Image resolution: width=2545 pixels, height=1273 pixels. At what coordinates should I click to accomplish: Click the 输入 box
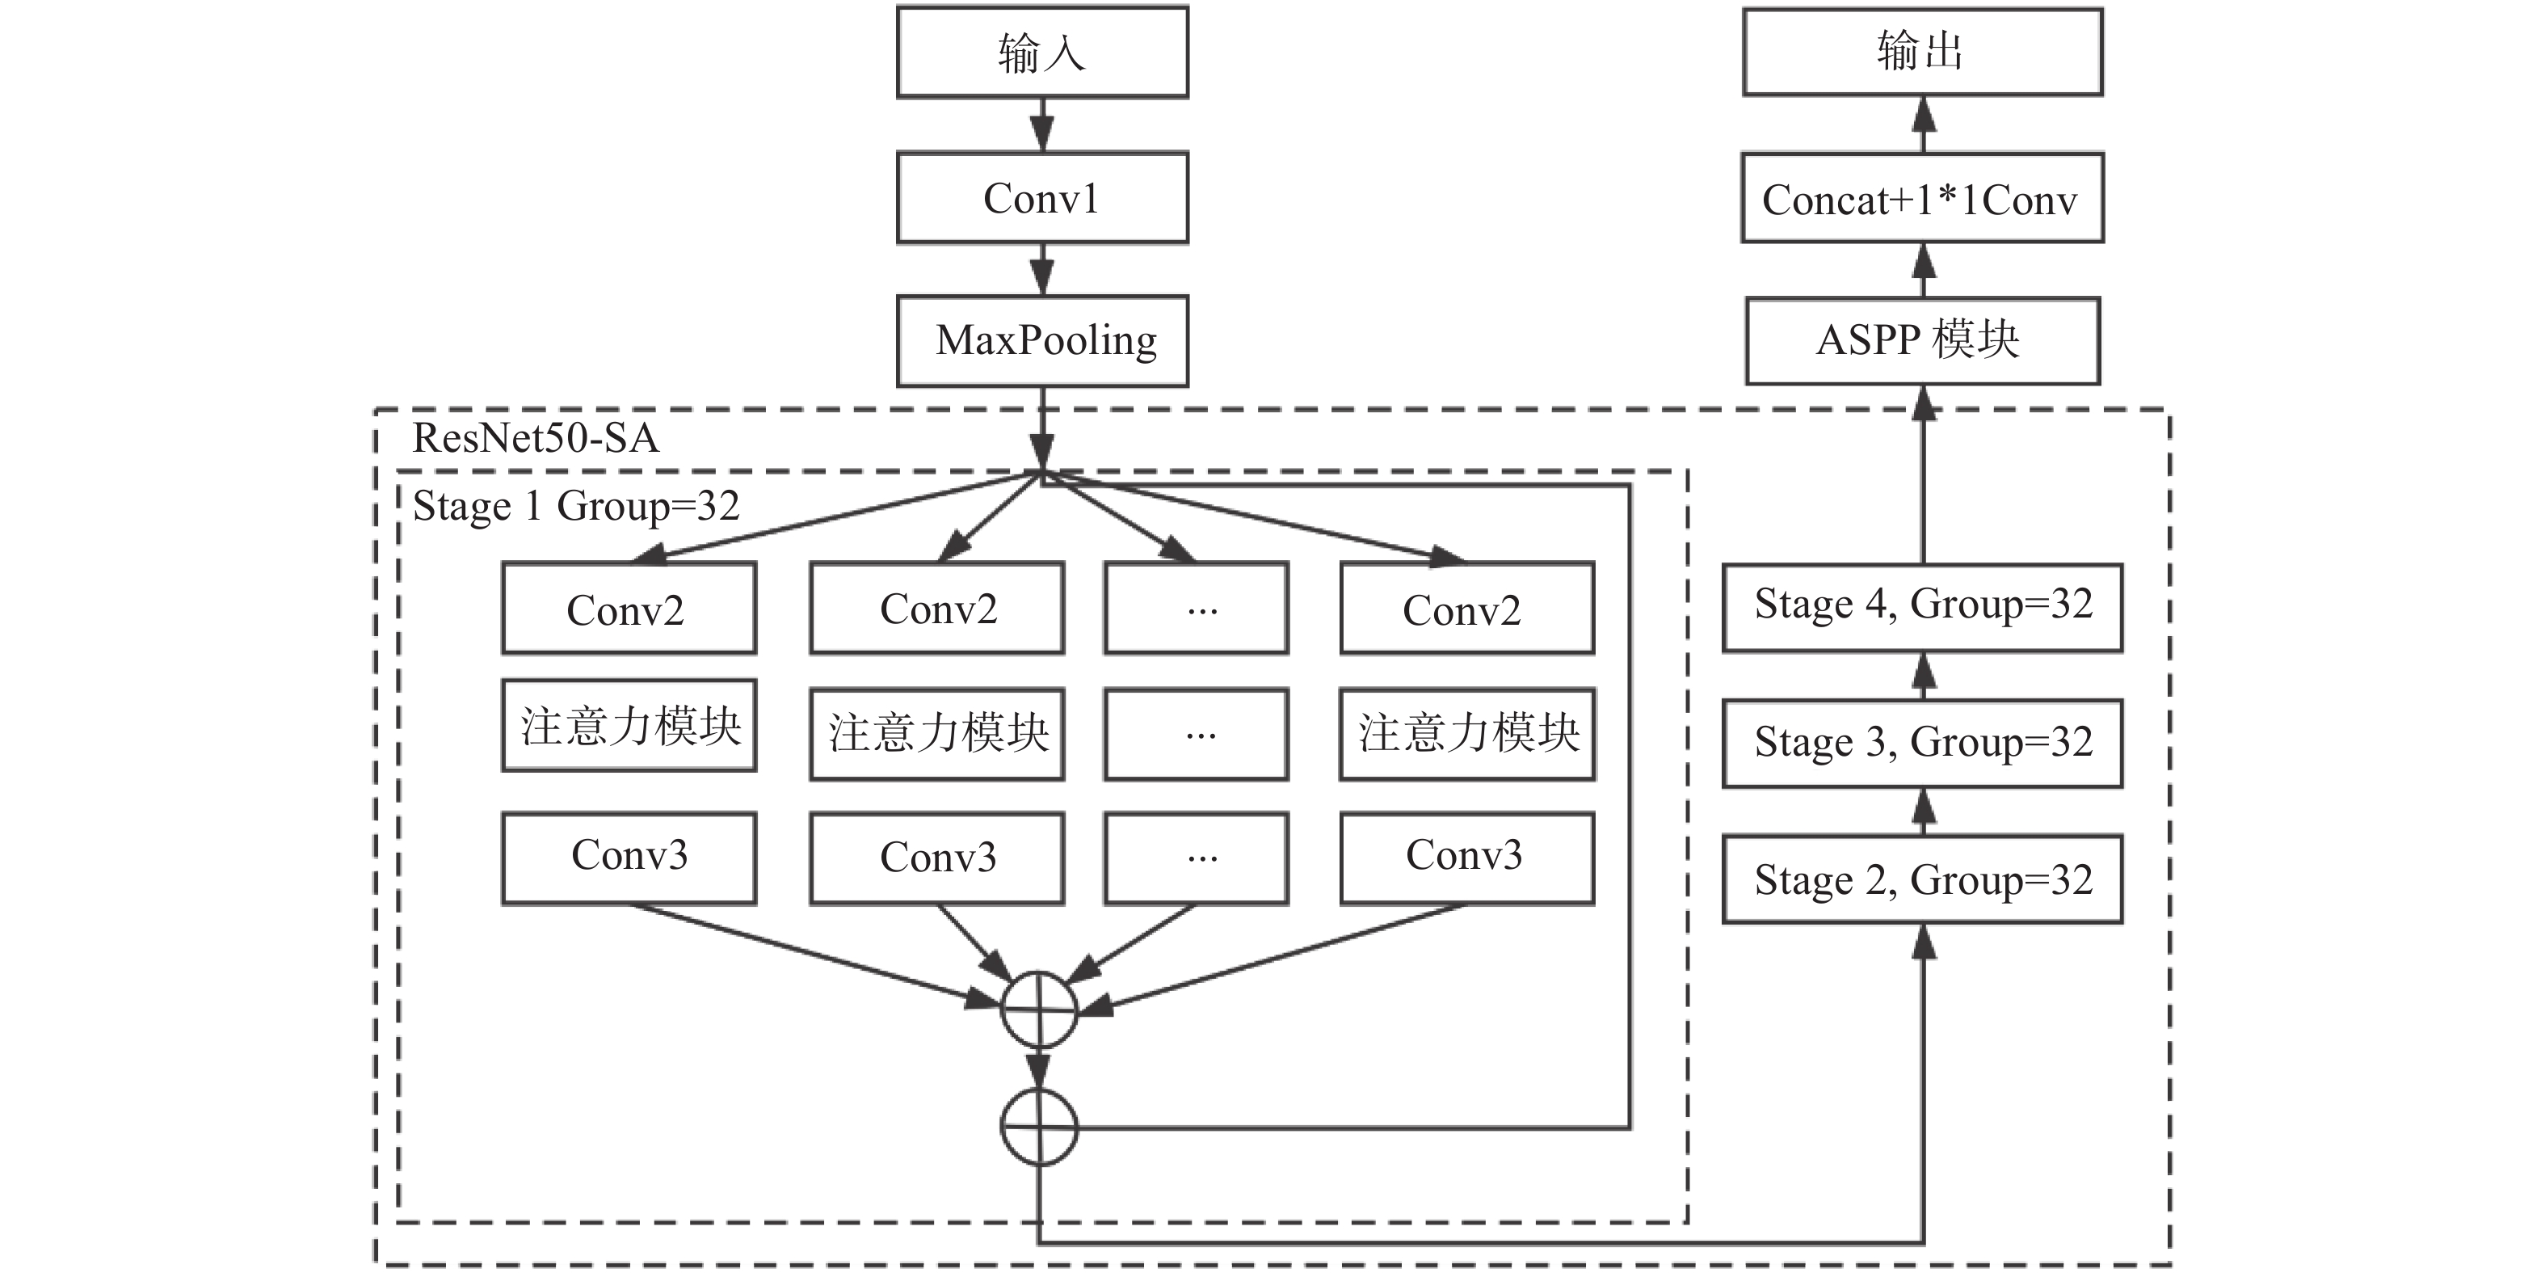[x=1042, y=53]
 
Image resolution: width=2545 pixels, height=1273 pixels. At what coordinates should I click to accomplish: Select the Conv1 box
[x=1042, y=198]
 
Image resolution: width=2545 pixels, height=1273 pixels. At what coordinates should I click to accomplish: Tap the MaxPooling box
[x=1042, y=341]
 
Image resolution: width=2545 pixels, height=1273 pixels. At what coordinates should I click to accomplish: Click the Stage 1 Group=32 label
[x=576, y=506]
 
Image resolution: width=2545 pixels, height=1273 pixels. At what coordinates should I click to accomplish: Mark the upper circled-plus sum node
[x=1039, y=1010]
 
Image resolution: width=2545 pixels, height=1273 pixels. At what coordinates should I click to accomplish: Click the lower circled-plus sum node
[x=1039, y=1127]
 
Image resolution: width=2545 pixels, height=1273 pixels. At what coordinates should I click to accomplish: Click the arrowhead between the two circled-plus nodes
[x=1039, y=1070]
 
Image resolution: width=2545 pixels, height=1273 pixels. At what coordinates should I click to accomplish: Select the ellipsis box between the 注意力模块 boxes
[x=1197, y=735]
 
